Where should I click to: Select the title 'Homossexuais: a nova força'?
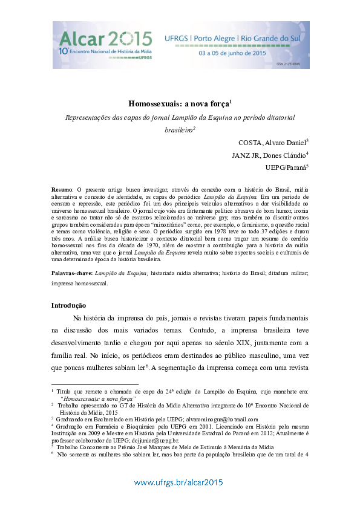click(179, 104)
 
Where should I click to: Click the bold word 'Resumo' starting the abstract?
click(62, 190)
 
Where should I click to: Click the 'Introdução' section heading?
click(68, 305)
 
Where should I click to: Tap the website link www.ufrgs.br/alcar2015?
click(178, 482)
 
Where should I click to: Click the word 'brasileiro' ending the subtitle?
click(178, 129)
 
